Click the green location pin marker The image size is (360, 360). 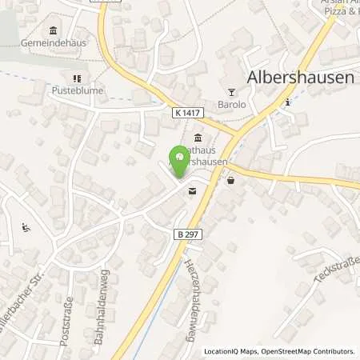click(179, 159)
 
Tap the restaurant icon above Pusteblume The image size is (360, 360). click(78, 78)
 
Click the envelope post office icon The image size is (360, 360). click(192, 191)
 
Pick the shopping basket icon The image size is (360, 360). click(231, 181)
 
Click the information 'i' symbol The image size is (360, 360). click(287, 102)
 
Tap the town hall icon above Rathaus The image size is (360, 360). click(198, 137)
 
